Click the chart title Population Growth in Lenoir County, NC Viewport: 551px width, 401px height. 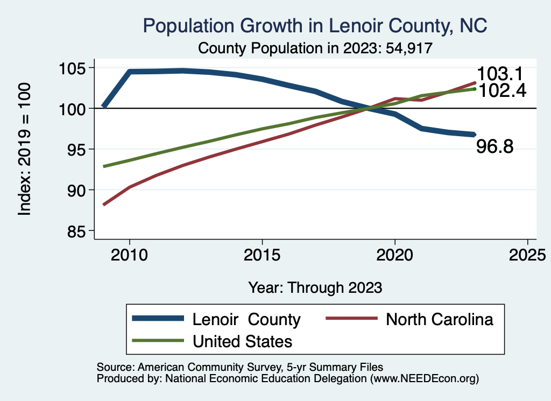pos(315,25)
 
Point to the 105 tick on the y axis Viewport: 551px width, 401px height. pos(71,68)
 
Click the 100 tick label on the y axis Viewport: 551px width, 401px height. pos(71,109)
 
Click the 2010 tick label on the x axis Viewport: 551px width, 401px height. pos(129,255)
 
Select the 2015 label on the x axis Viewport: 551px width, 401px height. pos(262,255)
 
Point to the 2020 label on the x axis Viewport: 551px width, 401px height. pos(395,255)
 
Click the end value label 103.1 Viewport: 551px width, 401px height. pos(500,75)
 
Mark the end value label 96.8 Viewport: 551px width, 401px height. pos(495,146)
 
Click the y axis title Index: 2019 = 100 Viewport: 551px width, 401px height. pos(25,150)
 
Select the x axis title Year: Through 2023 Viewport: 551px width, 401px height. pos(315,287)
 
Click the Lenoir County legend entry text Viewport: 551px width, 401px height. pos(246,319)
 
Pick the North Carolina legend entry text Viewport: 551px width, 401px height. pos(440,319)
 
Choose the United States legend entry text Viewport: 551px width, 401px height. pos(242,341)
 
